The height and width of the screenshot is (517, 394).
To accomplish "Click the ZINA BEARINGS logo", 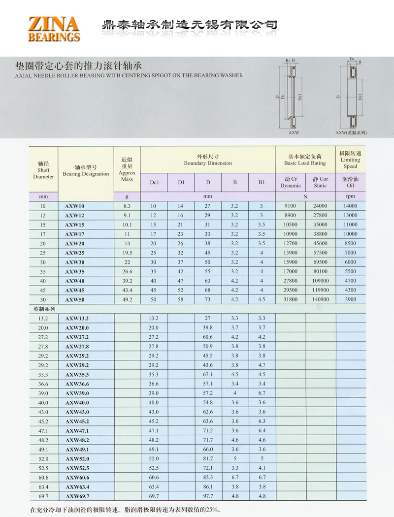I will (54, 29).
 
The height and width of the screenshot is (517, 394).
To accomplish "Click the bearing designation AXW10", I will (74, 206).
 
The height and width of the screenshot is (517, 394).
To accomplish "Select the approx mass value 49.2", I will (127, 299).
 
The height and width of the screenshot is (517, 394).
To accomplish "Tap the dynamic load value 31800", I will (290, 299).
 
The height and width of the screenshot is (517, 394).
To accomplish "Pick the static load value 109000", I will (320, 281).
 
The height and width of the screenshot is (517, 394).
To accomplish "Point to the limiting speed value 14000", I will (350, 206).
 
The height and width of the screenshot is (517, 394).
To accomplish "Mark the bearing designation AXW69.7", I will (77, 496).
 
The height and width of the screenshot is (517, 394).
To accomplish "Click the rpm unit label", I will (350, 196).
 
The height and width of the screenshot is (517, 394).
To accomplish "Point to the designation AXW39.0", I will (77, 393).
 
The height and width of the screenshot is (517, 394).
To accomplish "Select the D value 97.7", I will (208, 496).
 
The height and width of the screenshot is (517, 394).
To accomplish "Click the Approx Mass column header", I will (127, 169).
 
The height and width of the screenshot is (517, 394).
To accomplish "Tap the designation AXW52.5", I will (77, 468).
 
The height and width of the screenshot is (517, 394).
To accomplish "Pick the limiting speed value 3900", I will (350, 299).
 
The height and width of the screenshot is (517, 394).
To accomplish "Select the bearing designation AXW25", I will (74, 253).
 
